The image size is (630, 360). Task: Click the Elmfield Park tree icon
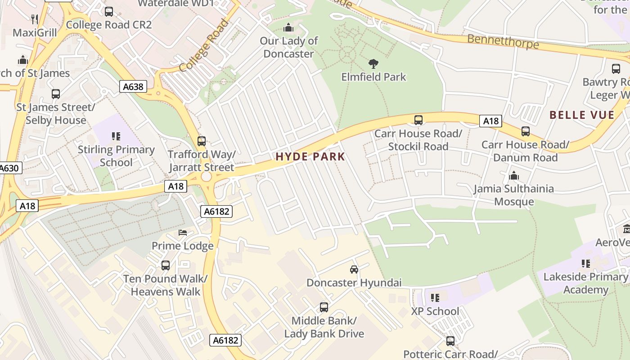click(373, 63)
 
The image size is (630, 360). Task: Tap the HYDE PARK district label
click(310, 157)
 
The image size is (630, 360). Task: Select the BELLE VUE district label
click(582, 115)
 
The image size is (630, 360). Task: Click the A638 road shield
click(134, 86)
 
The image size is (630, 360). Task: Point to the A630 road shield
click(9, 168)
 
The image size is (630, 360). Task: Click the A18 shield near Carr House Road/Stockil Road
click(490, 121)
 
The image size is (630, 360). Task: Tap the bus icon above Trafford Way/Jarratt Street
click(202, 141)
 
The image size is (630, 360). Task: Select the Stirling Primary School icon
click(116, 136)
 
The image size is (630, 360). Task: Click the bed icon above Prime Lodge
click(183, 233)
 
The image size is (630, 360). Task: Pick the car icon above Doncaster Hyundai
click(354, 270)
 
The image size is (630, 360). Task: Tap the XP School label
click(435, 311)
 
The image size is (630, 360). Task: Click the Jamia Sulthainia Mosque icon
click(513, 175)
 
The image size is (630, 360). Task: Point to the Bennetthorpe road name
click(503, 41)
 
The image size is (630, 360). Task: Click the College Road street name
click(204, 45)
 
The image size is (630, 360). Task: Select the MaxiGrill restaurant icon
click(35, 19)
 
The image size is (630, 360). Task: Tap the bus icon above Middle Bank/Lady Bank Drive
click(324, 307)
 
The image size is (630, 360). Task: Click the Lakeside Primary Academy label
click(585, 283)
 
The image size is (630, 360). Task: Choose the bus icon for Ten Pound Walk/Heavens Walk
click(166, 265)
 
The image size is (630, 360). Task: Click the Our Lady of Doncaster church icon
click(288, 28)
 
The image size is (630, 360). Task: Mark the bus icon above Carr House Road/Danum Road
click(525, 131)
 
